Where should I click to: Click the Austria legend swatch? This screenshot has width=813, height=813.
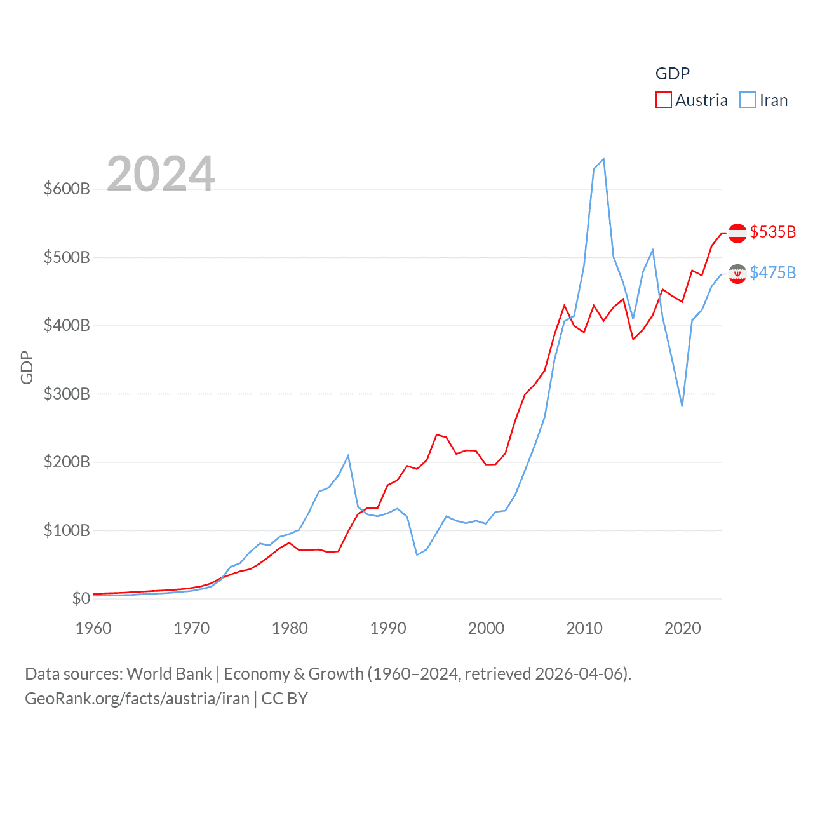664,100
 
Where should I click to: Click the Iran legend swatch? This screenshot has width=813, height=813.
748,100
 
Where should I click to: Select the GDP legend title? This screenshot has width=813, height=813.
672,74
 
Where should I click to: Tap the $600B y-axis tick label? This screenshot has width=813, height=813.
67,189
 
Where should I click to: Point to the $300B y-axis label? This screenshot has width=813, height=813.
67,394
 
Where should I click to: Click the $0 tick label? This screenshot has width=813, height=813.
81,598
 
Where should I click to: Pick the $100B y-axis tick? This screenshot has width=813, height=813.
67,530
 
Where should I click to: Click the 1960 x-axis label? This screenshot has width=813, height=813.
93,628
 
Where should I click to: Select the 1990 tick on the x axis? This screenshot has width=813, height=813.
388,628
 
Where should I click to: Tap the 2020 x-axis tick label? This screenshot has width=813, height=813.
683,628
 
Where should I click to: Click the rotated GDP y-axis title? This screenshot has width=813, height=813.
27,367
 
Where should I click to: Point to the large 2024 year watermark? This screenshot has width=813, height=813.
161,173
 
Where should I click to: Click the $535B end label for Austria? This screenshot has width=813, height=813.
772,232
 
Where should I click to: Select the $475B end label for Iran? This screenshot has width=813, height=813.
772,272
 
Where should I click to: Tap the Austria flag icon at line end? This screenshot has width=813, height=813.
737,233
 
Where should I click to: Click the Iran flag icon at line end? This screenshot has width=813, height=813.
737,274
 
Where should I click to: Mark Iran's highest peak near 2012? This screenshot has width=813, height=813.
603,159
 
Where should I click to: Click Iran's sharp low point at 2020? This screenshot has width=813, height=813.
682,406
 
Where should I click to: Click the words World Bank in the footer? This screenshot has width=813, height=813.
169,673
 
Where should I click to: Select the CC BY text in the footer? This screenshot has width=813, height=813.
285,699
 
